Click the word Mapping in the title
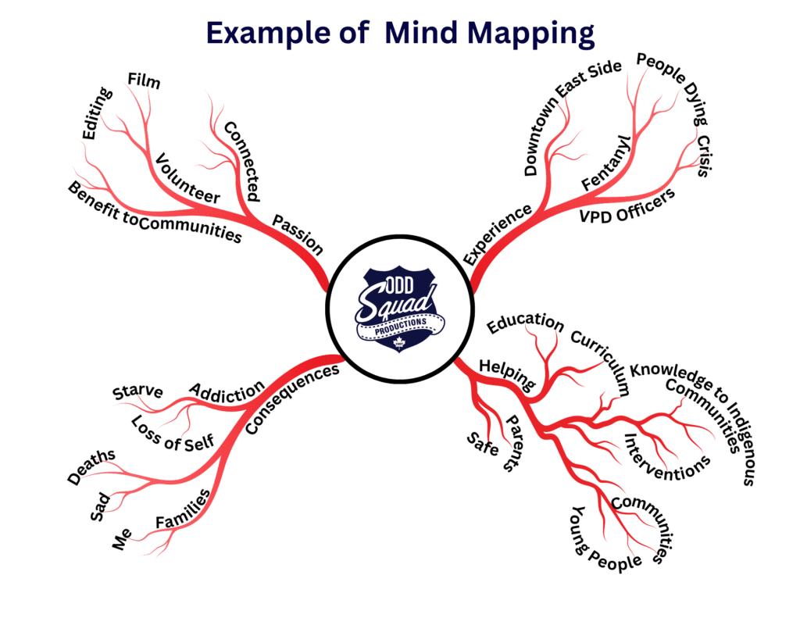click(530, 34)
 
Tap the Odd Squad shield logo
click(399, 309)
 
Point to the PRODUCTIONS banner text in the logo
click(401, 327)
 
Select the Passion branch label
click(298, 234)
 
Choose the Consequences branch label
click(292, 398)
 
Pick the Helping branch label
click(507, 373)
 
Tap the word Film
click(144, 80)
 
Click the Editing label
click(98, 113)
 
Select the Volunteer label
click(187, 179)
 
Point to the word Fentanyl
click(606, 163)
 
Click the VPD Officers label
click(627, 207)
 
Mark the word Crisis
click(704, 156)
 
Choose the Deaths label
click(91, 466)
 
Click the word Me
click(121, 539)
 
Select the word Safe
click(483, 444)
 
